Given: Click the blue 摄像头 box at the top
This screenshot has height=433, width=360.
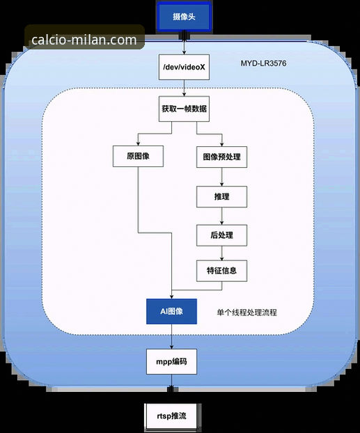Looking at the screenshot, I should point(184,16).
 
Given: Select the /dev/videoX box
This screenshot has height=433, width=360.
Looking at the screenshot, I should point(184,68).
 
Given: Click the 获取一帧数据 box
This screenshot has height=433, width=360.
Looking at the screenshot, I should point(184,110).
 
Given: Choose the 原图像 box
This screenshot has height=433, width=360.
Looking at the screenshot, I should point(139,157).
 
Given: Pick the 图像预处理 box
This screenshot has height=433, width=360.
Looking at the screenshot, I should point(221,157).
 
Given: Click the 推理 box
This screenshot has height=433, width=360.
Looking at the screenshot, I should point(221,197).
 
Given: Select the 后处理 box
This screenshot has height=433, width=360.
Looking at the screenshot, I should point(221,235).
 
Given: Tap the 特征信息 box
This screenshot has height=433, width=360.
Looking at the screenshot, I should point(221,270).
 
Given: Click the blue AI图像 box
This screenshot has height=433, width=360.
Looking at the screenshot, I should point(171,311).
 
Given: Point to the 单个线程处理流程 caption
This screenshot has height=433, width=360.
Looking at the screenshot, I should point(246,313).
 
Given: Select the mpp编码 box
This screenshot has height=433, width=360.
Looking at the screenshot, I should point(171,362).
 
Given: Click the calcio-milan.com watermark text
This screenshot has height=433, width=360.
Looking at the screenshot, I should point(84,40).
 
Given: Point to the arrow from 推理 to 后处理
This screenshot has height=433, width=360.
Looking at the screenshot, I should point(221,216).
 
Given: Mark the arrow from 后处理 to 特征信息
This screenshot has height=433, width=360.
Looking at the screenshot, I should point(221,253).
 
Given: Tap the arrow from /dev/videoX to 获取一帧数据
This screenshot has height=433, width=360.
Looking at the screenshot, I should point(184,88).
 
